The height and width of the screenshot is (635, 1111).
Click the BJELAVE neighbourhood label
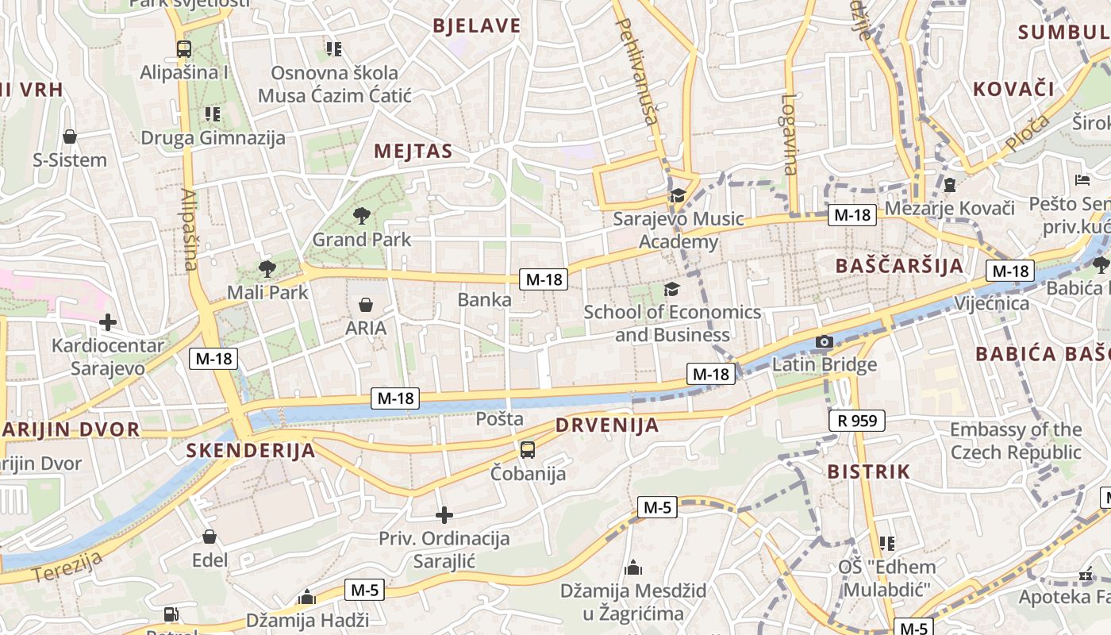point(477,25)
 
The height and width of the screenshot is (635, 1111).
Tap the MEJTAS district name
point(413,152)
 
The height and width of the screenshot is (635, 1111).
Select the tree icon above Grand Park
point(362,215)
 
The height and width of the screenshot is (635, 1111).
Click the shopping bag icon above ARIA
point(366,305)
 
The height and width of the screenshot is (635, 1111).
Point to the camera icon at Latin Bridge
point(825,342)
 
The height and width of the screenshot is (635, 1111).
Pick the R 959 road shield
point(857,420)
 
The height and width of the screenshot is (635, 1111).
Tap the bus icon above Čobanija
point(528,450)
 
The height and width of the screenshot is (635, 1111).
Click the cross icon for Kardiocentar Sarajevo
point(108,322)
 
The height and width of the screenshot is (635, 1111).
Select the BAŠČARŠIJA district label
point(899,265)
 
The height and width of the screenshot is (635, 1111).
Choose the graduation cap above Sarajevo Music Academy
point(678,196)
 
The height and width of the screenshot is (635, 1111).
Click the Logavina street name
point(788,134)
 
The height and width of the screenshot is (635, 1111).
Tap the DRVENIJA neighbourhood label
point(607,425)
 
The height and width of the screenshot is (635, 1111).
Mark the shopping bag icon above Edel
point(210,537)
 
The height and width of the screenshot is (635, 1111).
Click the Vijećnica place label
point(991,303)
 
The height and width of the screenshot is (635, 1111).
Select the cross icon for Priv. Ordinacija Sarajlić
point(444,515)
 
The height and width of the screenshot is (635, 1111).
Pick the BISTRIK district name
point(868,471)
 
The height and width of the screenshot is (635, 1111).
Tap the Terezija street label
point(68,568)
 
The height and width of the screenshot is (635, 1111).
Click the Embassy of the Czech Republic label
point(1016,441)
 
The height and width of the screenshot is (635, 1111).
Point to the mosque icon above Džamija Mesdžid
point(633,568)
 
